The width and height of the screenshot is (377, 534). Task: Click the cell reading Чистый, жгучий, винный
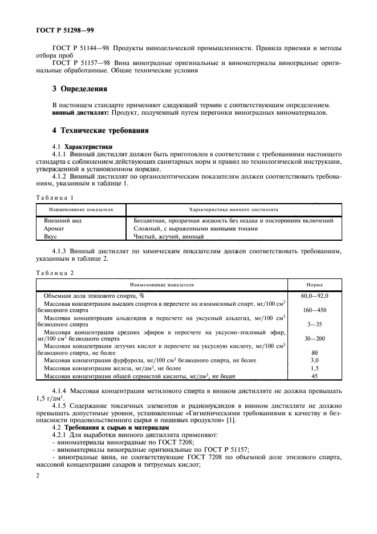click(168, 236)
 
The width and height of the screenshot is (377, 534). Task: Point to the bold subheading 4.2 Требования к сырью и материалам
click(99, 427)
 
